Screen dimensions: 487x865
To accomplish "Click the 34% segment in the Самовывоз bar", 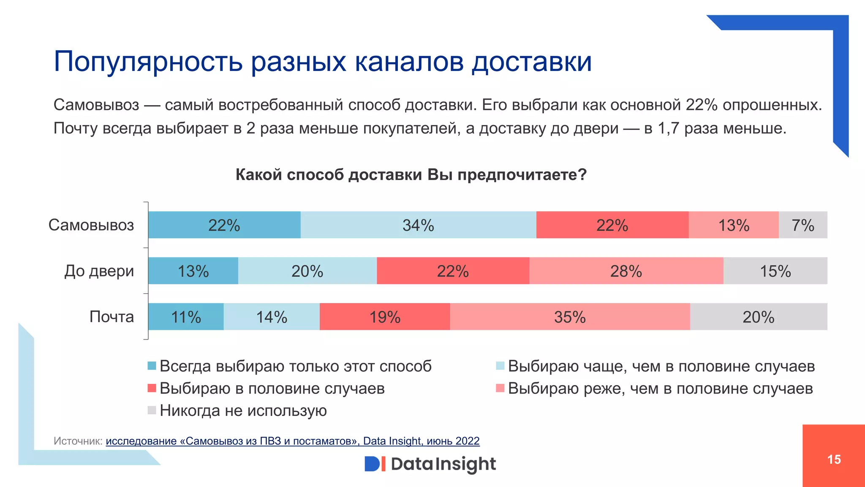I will (x=418, y=225).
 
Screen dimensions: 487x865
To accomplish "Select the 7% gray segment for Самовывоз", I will (x=802, y=225).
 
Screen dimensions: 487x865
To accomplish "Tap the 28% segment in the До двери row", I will (x=626, y=271).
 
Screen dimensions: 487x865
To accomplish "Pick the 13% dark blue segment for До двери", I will (x=193, y=271).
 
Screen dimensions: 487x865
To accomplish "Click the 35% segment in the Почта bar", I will (x=570, y=317).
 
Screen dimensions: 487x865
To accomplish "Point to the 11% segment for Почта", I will (x=186, y=317).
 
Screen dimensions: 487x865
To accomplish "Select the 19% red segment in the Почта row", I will (x=385, y=317).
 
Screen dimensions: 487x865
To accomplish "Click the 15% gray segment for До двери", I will (x=775, y=271).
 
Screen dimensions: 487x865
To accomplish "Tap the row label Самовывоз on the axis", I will (x=91, y=225).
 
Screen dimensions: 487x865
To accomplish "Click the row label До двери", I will (x=99, y=271).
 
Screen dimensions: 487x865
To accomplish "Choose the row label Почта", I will (x=112, y=317).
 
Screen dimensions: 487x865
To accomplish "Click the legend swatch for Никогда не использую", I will (x=152, y=410).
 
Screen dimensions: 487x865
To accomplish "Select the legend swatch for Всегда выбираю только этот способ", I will (x=152, y=366).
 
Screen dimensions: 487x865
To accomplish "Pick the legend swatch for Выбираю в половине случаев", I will (x=152, y=388).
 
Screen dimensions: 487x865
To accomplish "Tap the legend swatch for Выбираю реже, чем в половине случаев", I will (x=500, y=388).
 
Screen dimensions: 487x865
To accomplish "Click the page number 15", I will (x=834, y=460).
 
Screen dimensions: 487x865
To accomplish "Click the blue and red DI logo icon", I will (x=375, y=464).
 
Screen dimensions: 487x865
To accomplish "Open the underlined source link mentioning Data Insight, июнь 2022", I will (x=292, y=441).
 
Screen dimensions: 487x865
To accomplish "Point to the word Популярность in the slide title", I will (x=148, y=62).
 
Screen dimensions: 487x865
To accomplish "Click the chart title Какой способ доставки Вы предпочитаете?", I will (x=411, y=175).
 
